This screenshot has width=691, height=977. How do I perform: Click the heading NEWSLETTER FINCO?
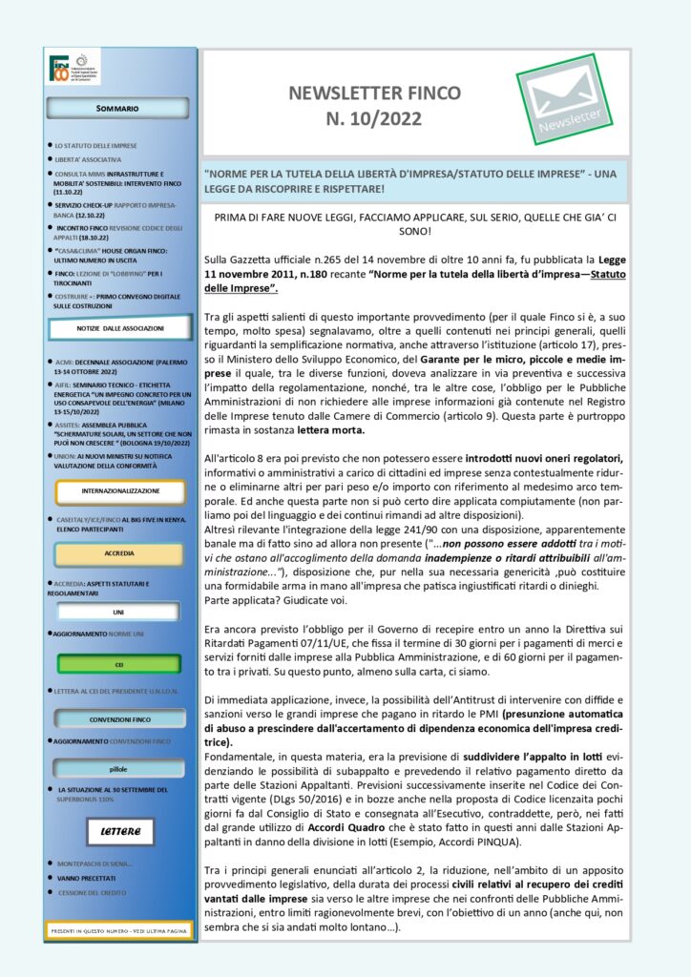point(374,93)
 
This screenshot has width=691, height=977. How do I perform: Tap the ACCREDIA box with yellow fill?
point(118,553)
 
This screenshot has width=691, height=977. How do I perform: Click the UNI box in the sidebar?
point(118,611)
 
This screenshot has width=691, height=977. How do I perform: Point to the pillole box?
point(118,769)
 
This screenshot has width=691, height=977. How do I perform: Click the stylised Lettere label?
point(119,832)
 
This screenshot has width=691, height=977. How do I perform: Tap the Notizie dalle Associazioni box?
point(120,329)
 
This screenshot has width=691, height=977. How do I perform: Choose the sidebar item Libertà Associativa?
point(88,159)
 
